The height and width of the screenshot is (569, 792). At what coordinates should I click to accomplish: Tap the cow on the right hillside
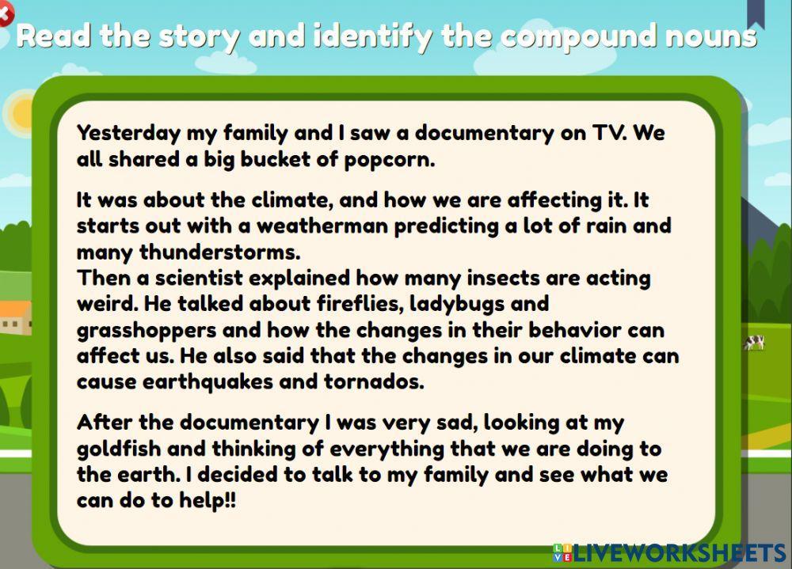point(753,343)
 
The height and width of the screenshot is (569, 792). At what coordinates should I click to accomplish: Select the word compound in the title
point(566,36)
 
